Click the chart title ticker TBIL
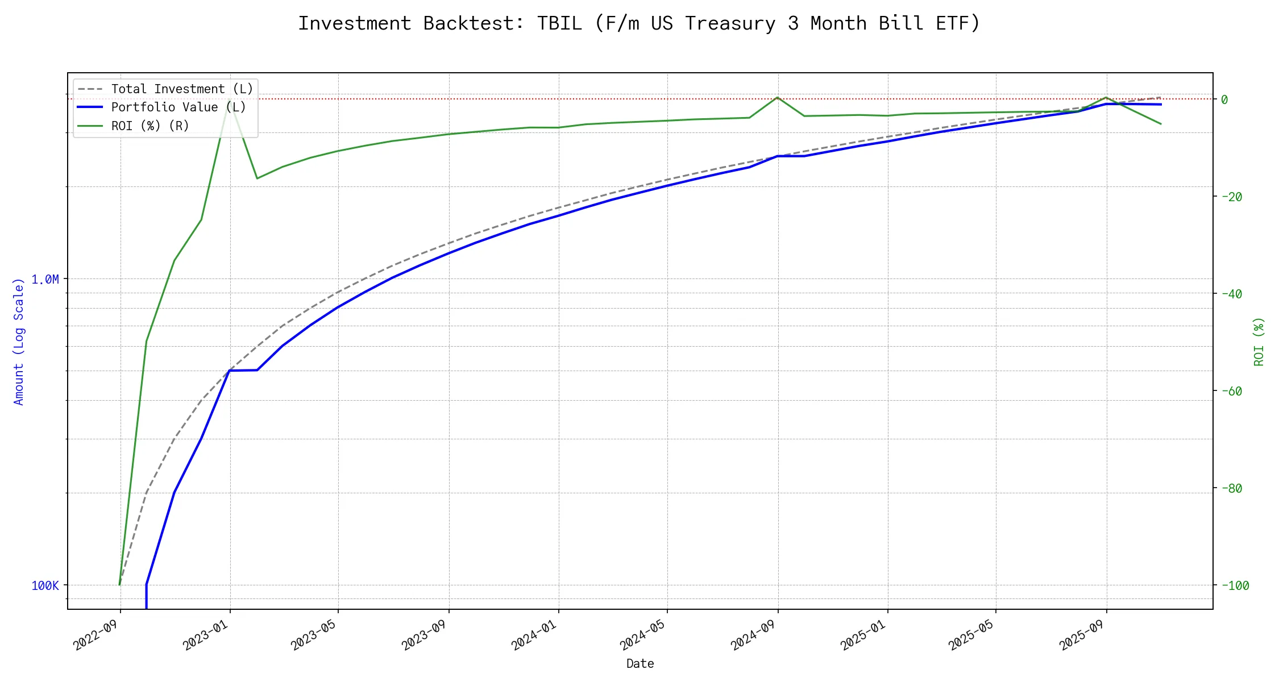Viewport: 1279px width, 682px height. pos(559,23)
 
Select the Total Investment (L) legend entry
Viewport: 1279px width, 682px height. pos(182,89)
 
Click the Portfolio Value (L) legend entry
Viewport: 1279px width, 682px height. pos(178,107)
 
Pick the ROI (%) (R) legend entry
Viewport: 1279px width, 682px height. pos(150,126)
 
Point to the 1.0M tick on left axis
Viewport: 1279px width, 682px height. pos(45,279)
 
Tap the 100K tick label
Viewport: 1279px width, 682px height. pos(45,585)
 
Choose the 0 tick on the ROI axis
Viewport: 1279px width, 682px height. pos(1224,99)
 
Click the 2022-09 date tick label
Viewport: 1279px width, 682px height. pos(95,635)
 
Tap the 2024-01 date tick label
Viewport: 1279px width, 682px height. pos(534,635)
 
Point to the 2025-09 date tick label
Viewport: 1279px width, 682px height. pos(1081,635)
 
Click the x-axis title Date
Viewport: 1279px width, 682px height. pos(640,663)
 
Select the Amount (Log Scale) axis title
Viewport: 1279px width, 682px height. pos(19,341)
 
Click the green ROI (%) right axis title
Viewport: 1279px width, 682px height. pos(1259,341)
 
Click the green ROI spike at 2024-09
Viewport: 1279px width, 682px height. pos(777,97)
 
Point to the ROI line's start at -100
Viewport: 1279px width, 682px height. pos(119,584)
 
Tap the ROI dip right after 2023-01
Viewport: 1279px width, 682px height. pos(257,178)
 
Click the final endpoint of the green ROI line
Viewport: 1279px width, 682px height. pos(1161,124)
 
